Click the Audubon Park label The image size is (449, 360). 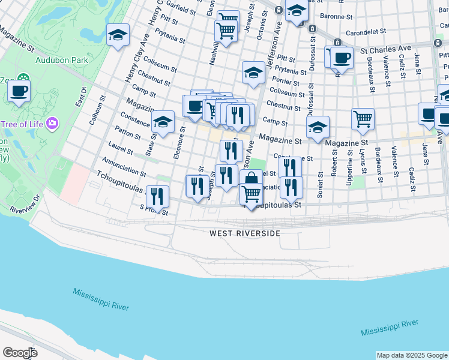coord(62,60)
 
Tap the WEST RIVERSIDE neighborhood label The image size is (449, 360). coord(245,233)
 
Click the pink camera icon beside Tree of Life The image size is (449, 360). coord(52,124)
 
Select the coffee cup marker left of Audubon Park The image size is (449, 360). coord(19,92)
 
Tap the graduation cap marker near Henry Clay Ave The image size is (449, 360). coord(118,35)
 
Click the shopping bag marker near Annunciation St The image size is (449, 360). coord(251,179)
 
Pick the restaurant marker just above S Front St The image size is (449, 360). coord(157,196)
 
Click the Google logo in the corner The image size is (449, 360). coord(20,353)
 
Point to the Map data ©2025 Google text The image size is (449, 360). coord(412,355)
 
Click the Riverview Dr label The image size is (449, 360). coord(24,202)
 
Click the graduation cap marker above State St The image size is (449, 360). coord(162,122)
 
